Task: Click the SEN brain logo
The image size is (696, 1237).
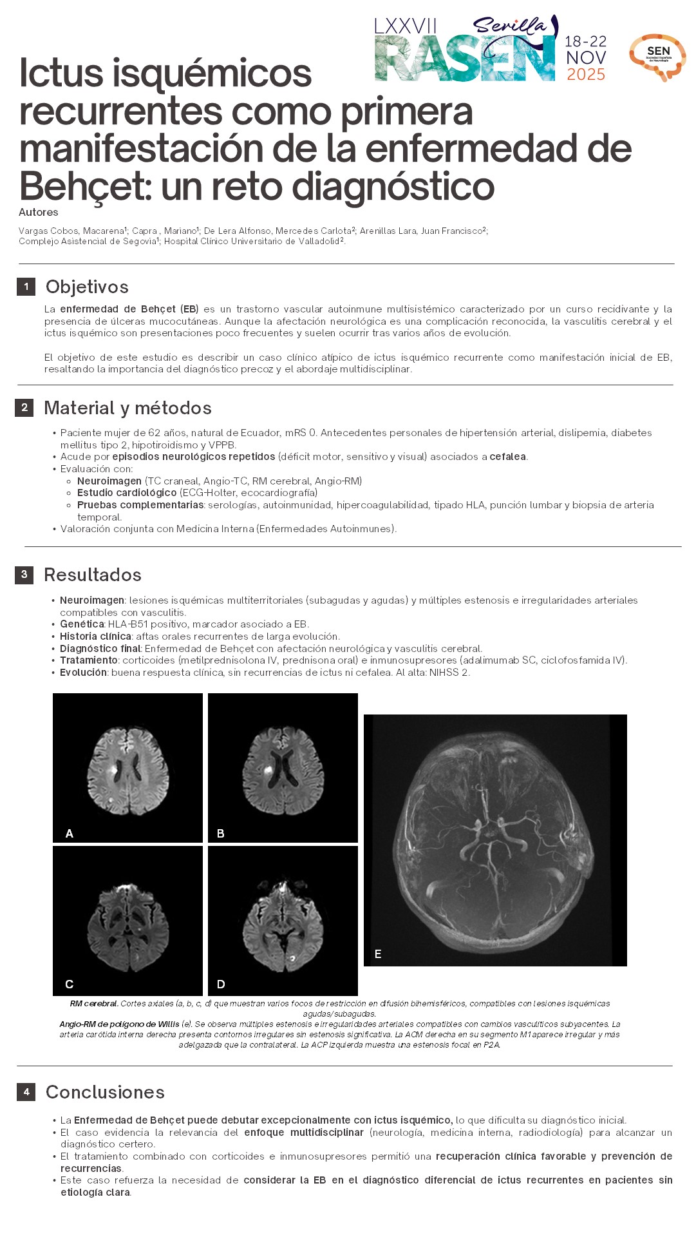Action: coord(657,57)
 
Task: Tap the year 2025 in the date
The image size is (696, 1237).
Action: coord(586,75)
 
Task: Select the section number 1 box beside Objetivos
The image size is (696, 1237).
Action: coord(26,287)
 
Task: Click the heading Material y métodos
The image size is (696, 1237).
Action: coord(127,408)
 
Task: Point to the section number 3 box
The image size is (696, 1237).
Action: coord(24,575)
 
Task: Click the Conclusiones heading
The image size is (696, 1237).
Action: coord(105,1092)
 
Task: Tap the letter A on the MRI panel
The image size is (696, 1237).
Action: coord(70,834)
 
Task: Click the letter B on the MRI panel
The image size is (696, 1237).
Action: coord(221,834)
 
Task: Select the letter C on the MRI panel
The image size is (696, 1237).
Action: coord(70,984)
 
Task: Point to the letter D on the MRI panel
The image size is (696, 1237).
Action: coord(221,984)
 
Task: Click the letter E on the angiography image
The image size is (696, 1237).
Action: coord(378,954)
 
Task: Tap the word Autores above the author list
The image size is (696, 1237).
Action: coord(39,213)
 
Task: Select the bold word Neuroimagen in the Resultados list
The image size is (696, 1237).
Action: coord(92,600)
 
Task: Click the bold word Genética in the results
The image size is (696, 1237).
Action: coord(82,624)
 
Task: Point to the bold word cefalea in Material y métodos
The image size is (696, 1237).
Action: coord(507,457)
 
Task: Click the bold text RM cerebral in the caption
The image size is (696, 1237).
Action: coord(94,1004)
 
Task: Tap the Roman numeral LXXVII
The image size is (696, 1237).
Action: coord(406,26)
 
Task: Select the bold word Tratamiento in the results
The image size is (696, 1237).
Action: coord(89,660)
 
